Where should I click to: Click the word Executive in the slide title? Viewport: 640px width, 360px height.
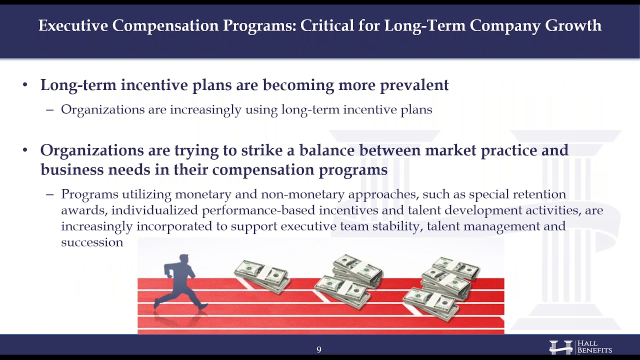73,26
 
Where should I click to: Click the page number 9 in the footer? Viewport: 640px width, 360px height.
319,349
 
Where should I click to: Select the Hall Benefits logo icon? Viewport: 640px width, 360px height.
561,347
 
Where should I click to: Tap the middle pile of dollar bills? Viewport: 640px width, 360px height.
350,281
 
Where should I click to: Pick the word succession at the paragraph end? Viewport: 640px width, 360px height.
92,242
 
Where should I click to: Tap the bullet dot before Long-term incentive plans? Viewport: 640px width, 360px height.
25,85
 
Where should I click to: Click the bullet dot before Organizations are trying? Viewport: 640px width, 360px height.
25,150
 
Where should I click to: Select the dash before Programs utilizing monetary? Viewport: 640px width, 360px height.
49,194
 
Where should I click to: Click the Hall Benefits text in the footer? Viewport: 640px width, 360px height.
594,347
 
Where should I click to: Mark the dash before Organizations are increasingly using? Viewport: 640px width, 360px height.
49,110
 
